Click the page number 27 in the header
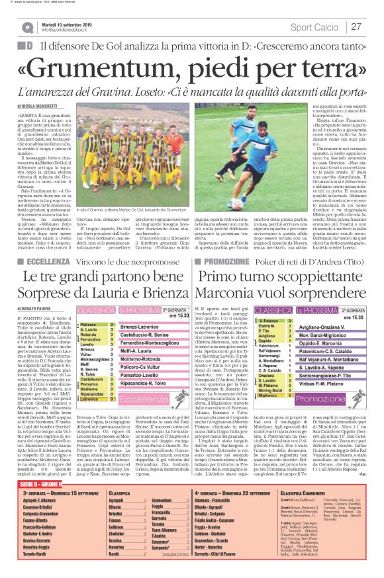[356, 27]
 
